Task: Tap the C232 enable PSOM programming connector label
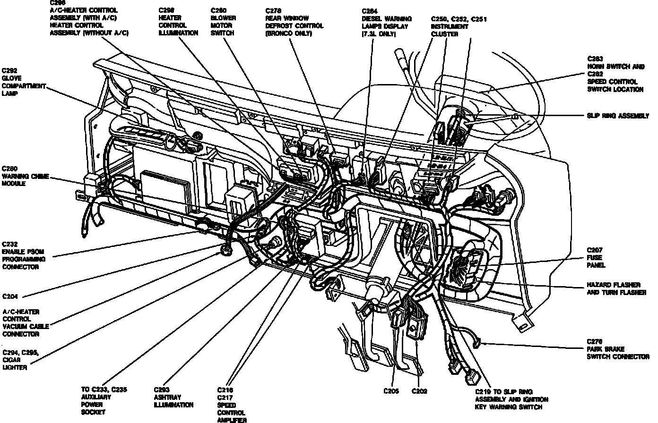pyautogui.click(x=24, y=255)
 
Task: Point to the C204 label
pyautogui.click(x=10, y=296)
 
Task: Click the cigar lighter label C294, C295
pyautogui.click(x=20, y=360)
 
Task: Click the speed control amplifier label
pyautogui.click(x=232, y=405)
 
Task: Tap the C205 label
pyautogui.click(x=391, y=391)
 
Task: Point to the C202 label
pyautogui.click(x=419, y=391)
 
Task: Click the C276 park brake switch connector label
pyautogui.click(x=617, y=349)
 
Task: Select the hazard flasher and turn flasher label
pyautogui.click(x=616, y=289)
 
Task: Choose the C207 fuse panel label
pyautogui.click(x=596, y=257)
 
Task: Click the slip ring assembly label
pyautogui.click(x=617, y=116)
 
